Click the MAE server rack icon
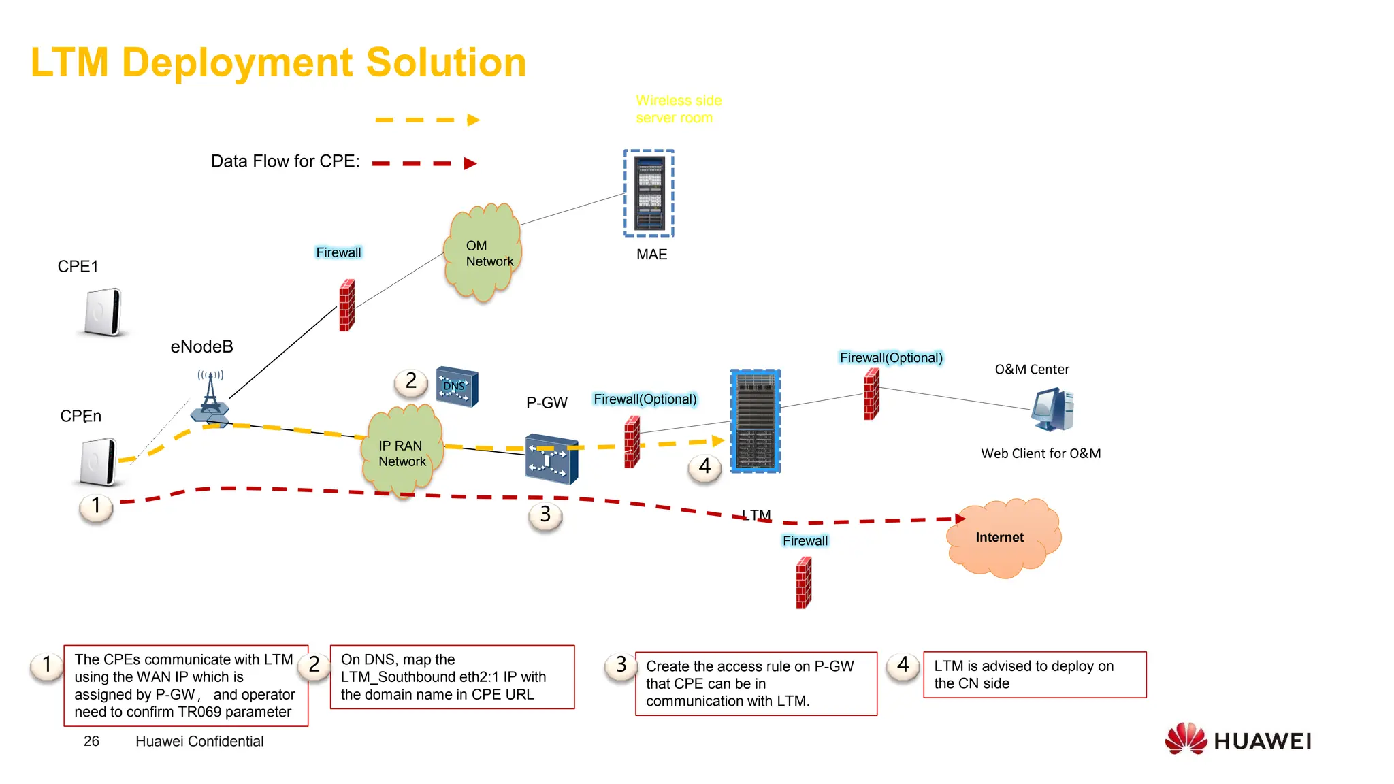(649, 193)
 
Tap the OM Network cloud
(483, 253)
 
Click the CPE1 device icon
(103, 312)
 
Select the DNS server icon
(457, 387)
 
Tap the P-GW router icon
(551, 459)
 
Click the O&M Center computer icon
(1052, 410)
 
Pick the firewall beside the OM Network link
(347, 305)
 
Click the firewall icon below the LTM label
(804, 583)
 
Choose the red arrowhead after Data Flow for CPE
(470, 163)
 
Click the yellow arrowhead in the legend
(473, 120)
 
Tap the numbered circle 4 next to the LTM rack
(704, 467)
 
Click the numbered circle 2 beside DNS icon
(411, 381)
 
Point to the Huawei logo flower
(1185, 739)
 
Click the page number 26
(91, 741)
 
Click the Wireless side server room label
(678, 110)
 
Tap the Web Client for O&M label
(1040, 453)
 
